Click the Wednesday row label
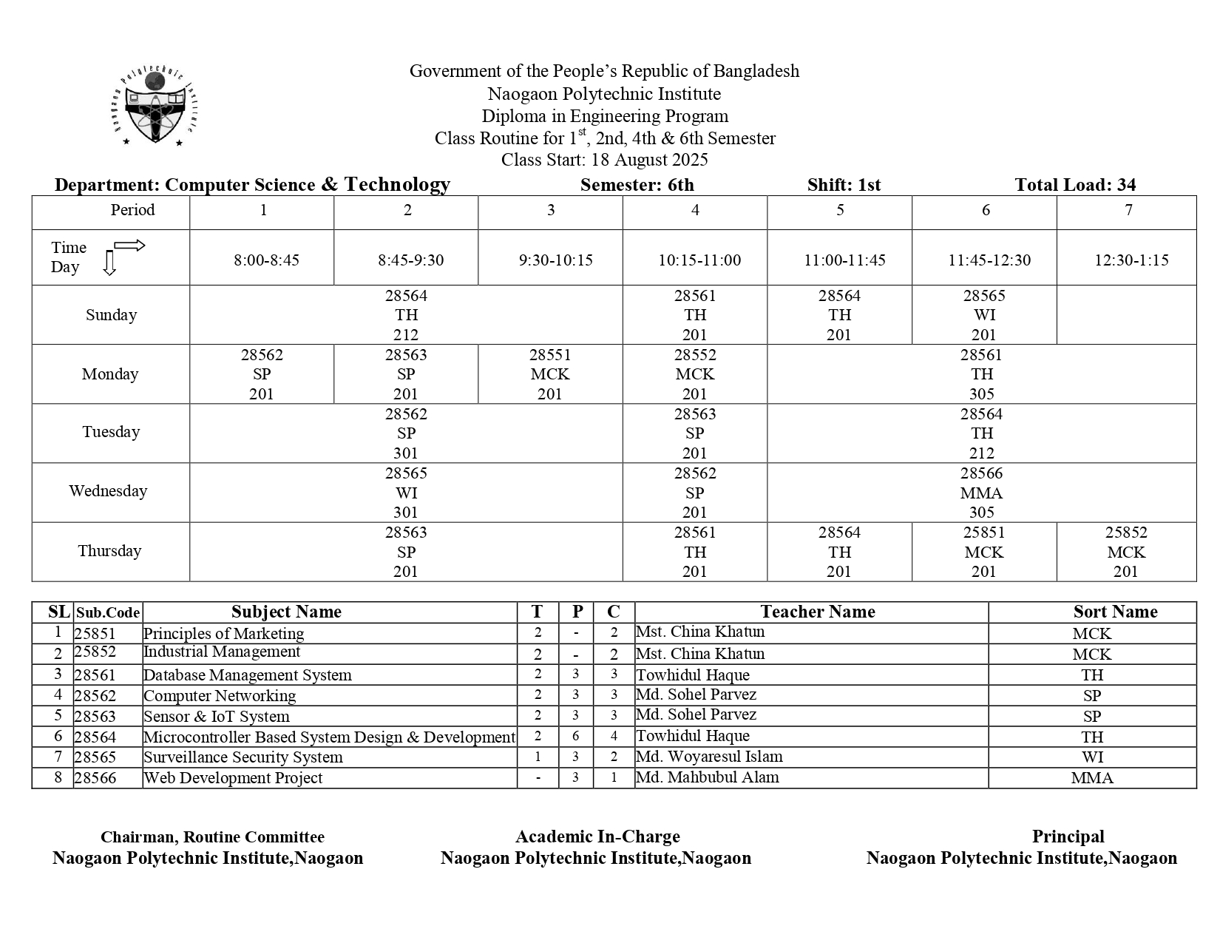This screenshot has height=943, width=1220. [108, 491]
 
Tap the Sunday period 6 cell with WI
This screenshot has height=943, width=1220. [983, 315]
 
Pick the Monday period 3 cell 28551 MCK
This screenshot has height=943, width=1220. [550, 374]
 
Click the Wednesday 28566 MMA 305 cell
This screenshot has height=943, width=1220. [981, 493]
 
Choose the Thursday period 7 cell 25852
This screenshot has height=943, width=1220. [1125, 552]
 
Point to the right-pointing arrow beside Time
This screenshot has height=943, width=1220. [129, 246]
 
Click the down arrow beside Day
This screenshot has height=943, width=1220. [109, 263]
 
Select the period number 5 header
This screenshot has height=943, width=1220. [840, 210]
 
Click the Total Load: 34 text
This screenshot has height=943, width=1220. [1075, 185]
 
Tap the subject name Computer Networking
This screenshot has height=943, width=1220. [220, 696]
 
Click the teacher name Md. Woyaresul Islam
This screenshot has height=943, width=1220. [708, 757]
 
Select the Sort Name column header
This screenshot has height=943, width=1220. [1115, 612]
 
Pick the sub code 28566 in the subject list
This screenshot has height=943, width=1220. [95, 778]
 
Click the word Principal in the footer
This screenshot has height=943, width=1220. [1068, 836]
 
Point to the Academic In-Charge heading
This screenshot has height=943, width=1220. [597, 836]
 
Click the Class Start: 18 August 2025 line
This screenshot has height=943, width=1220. [604, 160]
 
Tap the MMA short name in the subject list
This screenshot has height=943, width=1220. [1091, 778]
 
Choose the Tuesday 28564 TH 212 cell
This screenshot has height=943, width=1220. [981, 433]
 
